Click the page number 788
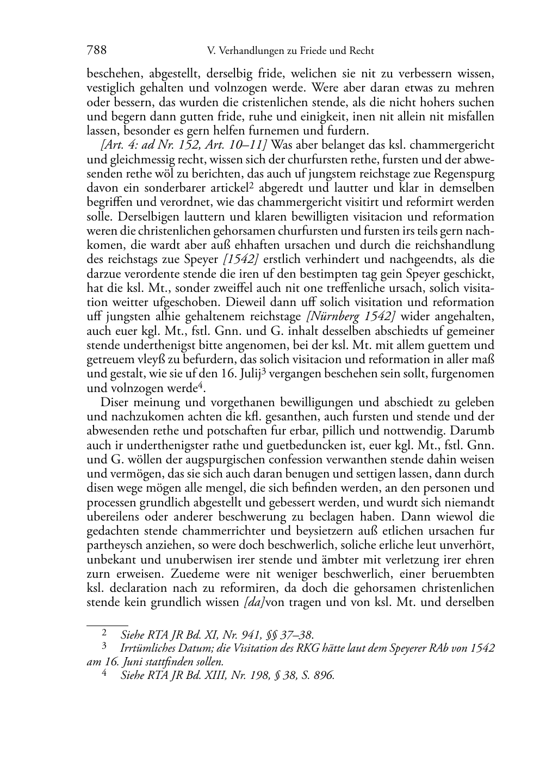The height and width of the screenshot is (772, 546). (x=96, y=51)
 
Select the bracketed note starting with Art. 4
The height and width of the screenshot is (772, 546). (x=184, y=145)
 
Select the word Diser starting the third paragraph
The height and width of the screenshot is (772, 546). (x=115, y=402)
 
